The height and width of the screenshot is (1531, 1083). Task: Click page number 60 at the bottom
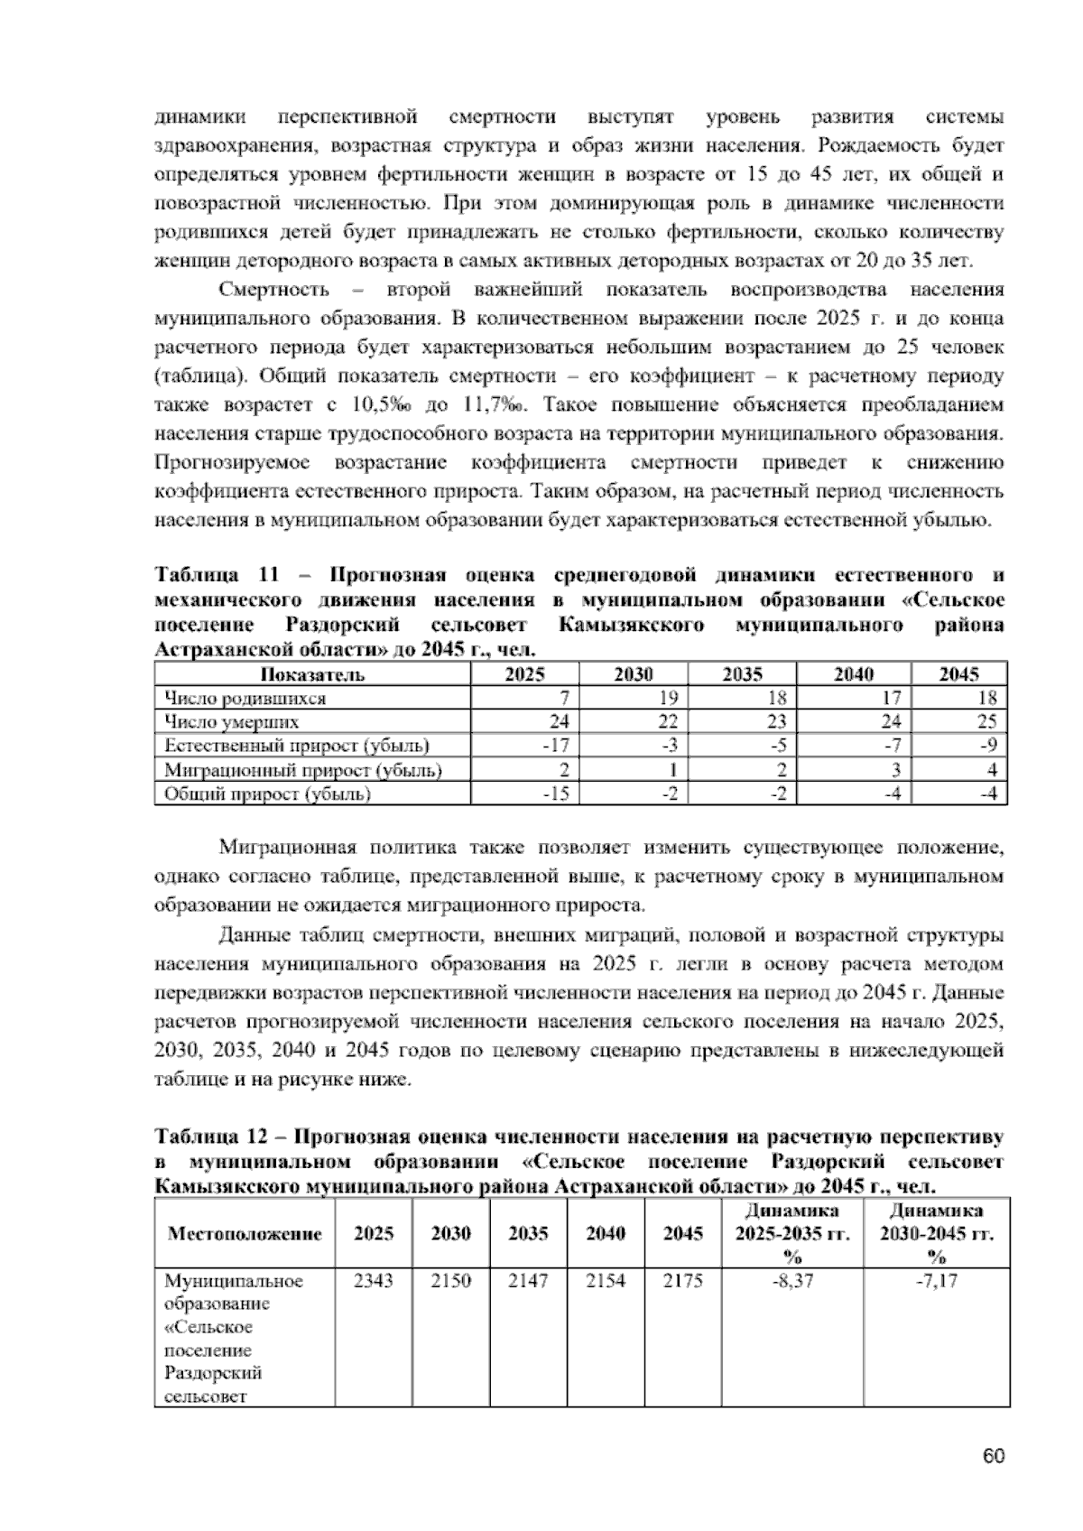click(x=994, y=1456)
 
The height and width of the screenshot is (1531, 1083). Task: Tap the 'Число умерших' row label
click(x=231, y=722)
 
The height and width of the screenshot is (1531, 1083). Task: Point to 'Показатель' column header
click(x=312, y=674)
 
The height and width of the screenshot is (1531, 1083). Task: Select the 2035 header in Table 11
click(x=742, y=674)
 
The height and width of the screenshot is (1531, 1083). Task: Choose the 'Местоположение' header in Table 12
click(x=245, y=1233)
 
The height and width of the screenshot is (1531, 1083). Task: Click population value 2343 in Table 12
click(x=373, y=1281)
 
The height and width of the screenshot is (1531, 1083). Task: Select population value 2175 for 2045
click(x=682, y=1281)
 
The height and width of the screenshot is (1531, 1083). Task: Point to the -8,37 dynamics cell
click(x=792, y=1281)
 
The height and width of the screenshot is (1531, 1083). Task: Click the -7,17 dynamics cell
click(x=937, y=1281)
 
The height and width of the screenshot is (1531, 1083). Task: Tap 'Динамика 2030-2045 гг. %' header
click(x=937, y=1233)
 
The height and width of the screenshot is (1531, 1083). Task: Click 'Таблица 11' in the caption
click(x=209, y=575)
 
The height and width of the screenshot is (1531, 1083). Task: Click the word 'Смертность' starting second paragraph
click(x=274, y=290)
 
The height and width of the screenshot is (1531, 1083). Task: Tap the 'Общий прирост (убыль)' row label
click(x=267, y=794)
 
